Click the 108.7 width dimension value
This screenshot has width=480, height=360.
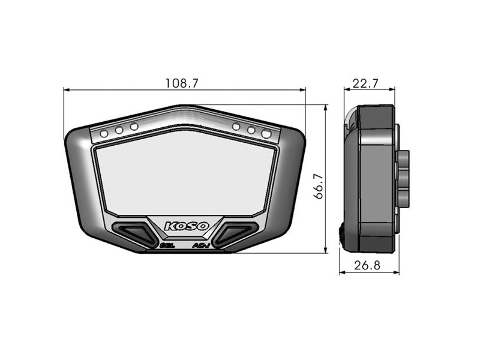coord(181,83)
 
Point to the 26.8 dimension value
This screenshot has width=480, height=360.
coord(367,265)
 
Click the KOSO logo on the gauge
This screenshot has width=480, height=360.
coord(187,226)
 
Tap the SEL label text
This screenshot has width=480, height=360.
coord(166,245)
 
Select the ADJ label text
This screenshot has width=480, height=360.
coord(201,245)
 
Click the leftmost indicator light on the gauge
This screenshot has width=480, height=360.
coord(104,133)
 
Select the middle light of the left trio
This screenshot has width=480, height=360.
coord(119,129)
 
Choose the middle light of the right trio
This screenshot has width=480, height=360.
coord(251,129)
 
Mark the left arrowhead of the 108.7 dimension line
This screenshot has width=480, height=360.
coord(65,91)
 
